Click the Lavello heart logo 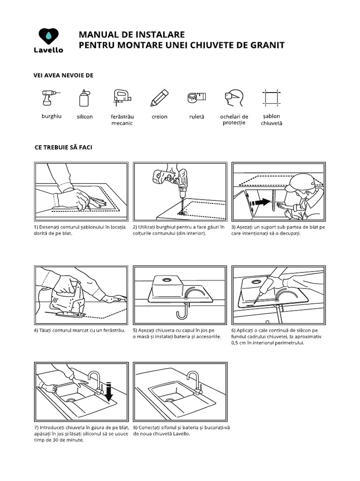[x=49, y=36]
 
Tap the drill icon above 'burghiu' [x=49, y=99]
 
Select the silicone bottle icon [x=84, y=98]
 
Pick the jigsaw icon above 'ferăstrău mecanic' [x=121, y=98]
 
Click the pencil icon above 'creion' [x=159, y=98]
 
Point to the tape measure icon [x=196, y=97]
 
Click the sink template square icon [x=271, y=98]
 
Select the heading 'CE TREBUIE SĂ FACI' [x=63, y=147]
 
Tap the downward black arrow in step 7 [x=109, y=391]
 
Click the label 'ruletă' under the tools [x=197, y=117]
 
